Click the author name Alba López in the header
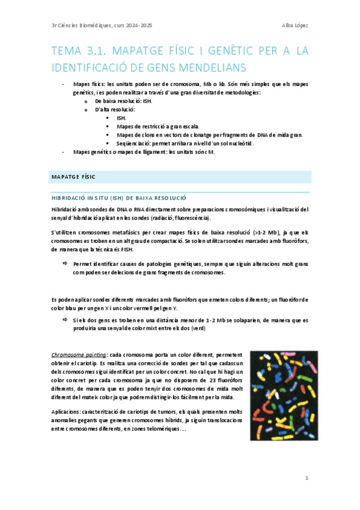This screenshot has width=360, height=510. point(295,25)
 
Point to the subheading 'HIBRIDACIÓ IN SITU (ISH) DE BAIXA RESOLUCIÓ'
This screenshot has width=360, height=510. point(120,198)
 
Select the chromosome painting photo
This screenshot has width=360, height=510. point(279,396)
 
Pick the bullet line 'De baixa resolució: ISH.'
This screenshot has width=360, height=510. point(123,101)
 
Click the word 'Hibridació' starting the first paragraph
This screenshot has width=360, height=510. point(67,209)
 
